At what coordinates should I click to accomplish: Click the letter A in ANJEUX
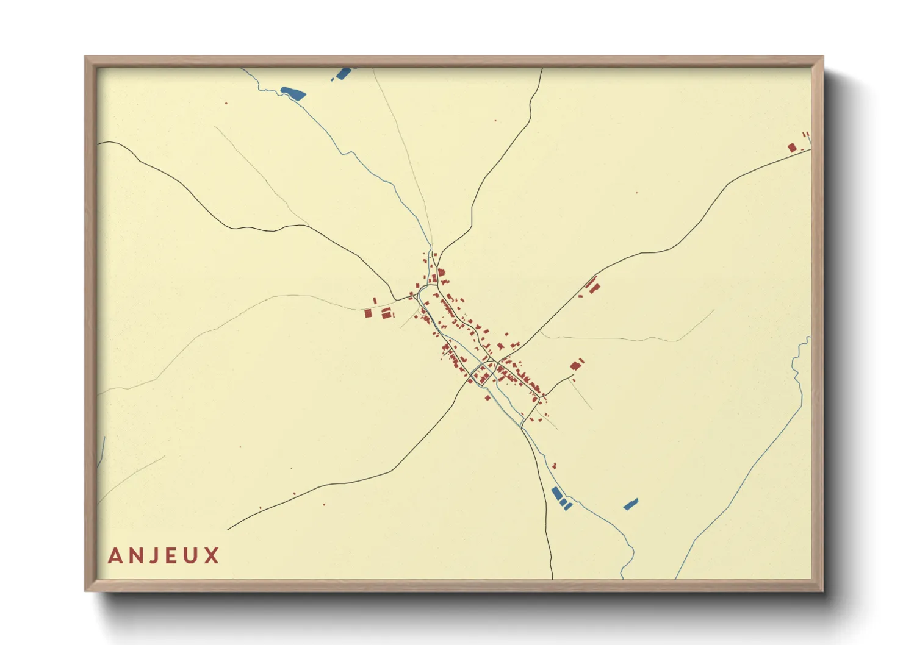[x=115, y=556]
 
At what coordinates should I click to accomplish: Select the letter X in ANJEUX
[x=212, y=556]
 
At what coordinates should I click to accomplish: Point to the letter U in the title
[x=192, y=556]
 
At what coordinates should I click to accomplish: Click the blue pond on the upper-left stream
[x=293, y=93]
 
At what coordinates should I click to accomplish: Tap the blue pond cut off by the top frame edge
[x=343, y=74]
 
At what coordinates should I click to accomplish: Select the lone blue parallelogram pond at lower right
[x=630, y=504]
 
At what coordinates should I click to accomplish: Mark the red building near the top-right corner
[x=792, y=148]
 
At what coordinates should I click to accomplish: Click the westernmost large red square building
[x=368, y=313]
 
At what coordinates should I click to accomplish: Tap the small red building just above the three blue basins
[x=554, y=466]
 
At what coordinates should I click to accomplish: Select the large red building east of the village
[x=575, y=366]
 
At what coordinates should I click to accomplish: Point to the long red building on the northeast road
[x=591, y=283]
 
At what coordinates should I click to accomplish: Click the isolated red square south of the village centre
[x=487, y=397]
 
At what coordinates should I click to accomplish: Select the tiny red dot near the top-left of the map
[x=226, y=103]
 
